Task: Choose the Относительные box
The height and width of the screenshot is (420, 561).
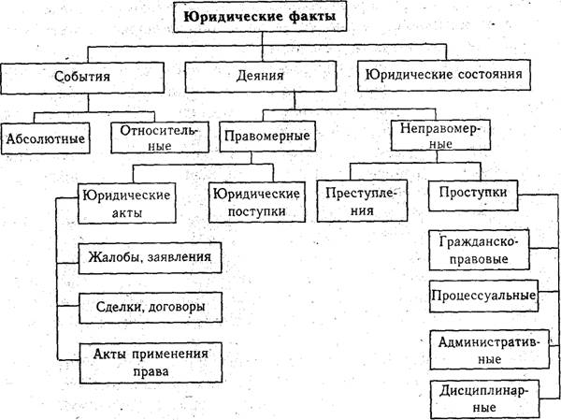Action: [154, 137]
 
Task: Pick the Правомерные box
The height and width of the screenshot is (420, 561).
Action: [266, 137]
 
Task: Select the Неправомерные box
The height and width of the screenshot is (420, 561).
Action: [439, 136]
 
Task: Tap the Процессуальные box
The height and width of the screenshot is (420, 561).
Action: [482, 297]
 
